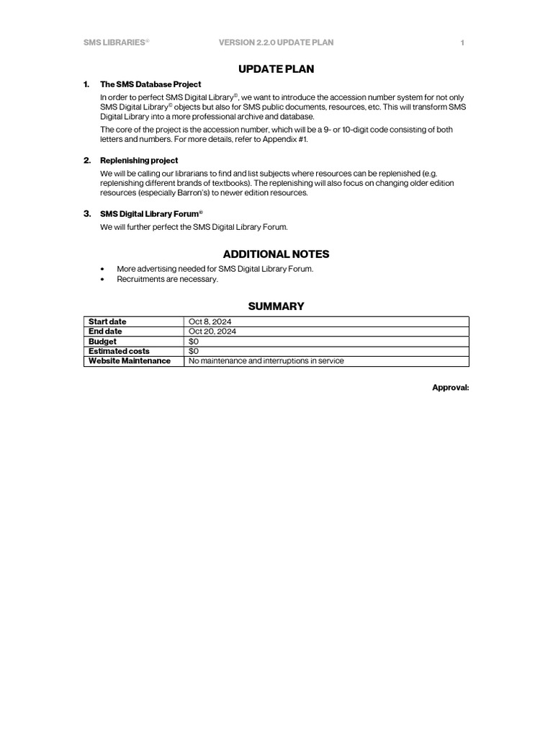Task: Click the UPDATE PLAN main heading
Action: (x=276, y=69)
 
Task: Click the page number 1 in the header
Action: (x=462, y=43)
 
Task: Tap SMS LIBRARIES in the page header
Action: (x=115, y=43)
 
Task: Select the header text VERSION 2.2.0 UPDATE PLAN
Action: (x=276, y=43)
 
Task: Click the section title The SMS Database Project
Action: (x=150, y=84)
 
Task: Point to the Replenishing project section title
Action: (x=139, y=160)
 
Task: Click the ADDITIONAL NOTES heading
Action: (x=276, y=254)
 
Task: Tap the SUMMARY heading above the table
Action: (x=276, y=306)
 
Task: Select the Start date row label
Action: (x=107, y=321)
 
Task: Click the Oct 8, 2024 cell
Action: (x=210, y=321)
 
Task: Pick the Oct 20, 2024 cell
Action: (x=212, y=332)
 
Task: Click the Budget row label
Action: (x=102, y=342)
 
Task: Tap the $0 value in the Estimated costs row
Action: (x=194, y=351)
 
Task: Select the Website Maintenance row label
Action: (x=130, y=361)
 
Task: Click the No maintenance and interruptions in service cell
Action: (x=266, y=361)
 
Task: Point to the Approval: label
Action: (x=450, y=388)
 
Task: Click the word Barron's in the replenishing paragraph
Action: (x=192, y=193)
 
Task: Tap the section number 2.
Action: (x=86, y=160)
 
